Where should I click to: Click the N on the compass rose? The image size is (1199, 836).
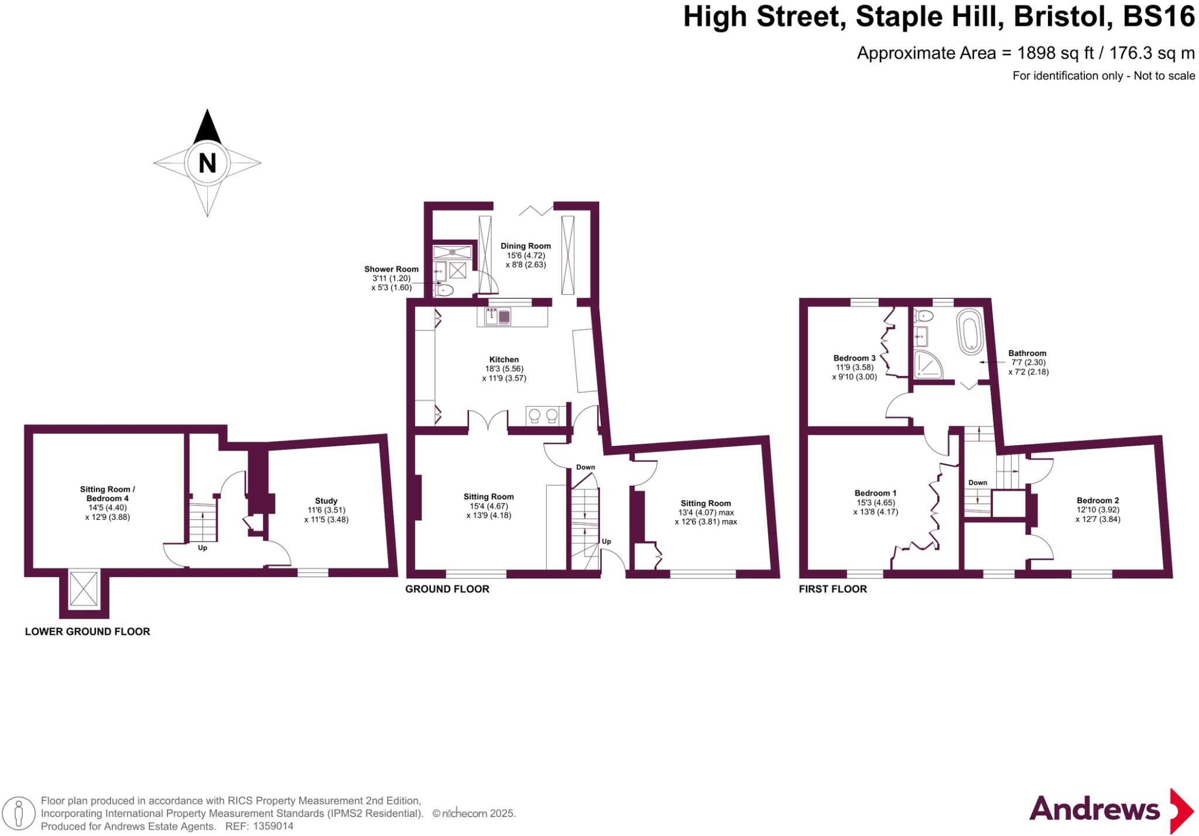click(x=207, y=163)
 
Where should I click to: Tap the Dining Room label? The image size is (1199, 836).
click(x=525, y=246)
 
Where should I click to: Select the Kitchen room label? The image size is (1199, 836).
click(x=504, y=360)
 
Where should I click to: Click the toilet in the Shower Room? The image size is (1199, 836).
click(x=444, y=289)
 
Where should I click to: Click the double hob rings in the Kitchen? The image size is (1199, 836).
click(x=543, y=415)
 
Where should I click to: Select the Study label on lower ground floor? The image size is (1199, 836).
click(x=326, y=501)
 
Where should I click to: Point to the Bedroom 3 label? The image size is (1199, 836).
click(x=854, y=358)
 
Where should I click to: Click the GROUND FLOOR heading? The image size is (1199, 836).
click(x=447, y=589)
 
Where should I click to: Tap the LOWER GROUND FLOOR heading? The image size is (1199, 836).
click(x=87, y=632)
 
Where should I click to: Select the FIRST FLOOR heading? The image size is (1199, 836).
click(x=833, y=589)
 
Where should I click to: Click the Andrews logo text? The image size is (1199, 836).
click(x=1094, y=810)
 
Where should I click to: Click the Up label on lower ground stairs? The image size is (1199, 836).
click(x=203, y=548)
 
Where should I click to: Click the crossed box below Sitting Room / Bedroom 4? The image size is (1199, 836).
click(x=84, y=589)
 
